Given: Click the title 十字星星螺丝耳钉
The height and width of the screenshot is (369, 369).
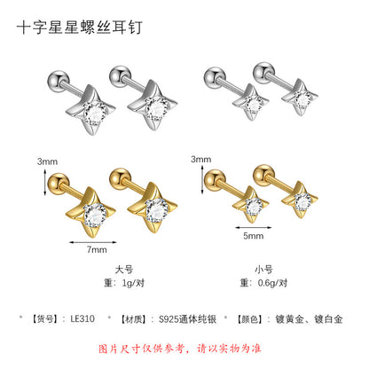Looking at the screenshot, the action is point(80,27).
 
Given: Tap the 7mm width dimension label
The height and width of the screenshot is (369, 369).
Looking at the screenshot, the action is point(97,249).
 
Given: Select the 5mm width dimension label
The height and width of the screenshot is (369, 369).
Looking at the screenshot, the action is point(254,236).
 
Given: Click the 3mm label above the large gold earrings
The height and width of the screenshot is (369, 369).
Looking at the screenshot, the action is point(47,161).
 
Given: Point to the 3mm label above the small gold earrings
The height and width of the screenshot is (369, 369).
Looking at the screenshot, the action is point(201,160).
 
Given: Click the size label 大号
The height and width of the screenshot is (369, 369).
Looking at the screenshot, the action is point(124,270).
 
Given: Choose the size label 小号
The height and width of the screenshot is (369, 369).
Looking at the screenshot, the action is point(263,270).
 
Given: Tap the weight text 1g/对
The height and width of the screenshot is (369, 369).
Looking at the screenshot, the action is point(133,283).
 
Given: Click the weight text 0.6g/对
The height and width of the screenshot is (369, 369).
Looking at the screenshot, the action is point(272,283).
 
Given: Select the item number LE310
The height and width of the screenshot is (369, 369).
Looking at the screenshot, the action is point(82,318).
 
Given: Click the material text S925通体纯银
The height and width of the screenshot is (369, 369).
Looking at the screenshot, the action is point(187,319).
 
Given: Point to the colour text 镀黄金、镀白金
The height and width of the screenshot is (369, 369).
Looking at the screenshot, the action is point(309,319).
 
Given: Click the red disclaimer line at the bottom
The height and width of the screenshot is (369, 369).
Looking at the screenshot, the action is point(180,349).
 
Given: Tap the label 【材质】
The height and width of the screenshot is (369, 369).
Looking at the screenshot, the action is point(133,319).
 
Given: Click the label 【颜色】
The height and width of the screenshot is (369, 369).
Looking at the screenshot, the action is point(250,319).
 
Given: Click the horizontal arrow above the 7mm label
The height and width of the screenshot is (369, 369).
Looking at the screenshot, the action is point(93,242).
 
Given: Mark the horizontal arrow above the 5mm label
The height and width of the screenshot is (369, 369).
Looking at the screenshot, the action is point(254,227).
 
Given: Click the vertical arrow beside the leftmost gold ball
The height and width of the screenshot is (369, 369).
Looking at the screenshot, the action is point(45,183).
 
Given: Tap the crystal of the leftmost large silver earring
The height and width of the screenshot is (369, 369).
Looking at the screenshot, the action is point(95,114).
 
